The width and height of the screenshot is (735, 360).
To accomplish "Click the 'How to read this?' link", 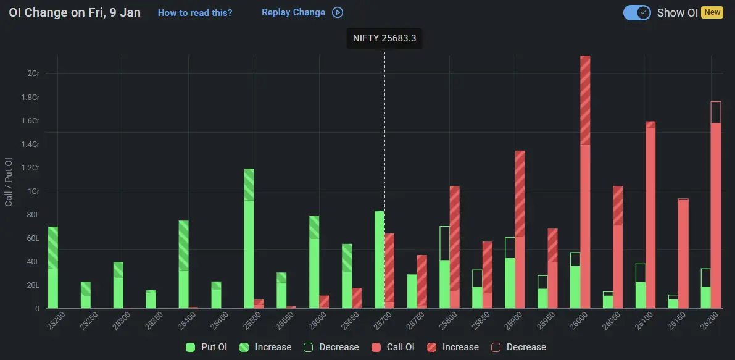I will click(195, 12).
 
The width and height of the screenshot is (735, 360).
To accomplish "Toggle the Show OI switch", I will click(636, 12).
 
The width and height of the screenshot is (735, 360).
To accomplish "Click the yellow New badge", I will click(712, 12).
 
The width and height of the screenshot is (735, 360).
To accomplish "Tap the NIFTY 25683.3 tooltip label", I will click(384, 38).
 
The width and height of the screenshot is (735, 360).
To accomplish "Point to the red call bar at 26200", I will click(716, 210).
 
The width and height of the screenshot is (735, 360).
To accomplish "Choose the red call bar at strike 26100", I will click(650, 216).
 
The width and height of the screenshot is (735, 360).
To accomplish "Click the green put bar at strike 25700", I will click(380, 259).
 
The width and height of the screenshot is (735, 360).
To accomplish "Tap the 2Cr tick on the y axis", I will click(33, 73).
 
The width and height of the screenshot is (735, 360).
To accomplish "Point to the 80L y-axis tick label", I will click(33, 215).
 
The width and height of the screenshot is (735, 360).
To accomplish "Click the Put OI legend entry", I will click(207, 347).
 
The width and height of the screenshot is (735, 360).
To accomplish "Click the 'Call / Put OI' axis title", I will click(9, 182).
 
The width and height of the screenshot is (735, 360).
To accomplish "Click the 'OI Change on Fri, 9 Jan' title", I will click(75, 12).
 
